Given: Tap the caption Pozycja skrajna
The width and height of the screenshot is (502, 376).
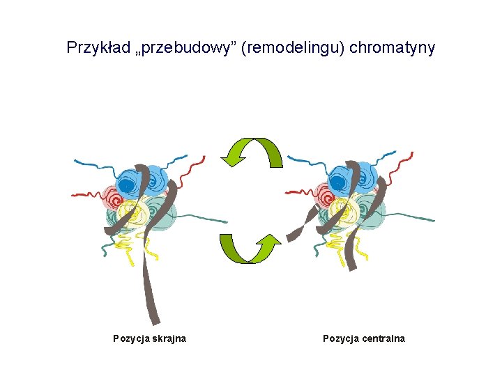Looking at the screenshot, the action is [149, 339].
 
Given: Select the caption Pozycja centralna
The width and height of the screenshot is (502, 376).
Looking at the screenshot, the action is [363, 339].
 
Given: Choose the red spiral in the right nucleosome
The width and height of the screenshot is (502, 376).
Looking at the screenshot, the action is [324, 195].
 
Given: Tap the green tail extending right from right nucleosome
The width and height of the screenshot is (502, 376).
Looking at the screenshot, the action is [411, 217].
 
